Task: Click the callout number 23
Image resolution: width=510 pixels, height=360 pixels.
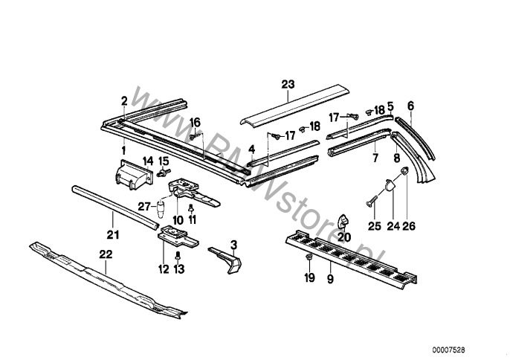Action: (287, 84)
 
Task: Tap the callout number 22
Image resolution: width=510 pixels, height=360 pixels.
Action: (106, 255)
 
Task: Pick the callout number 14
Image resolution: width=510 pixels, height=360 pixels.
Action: (147, 160)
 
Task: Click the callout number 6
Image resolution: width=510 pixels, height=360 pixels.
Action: (410, 105)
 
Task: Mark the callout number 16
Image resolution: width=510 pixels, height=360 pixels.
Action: (196, 121)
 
